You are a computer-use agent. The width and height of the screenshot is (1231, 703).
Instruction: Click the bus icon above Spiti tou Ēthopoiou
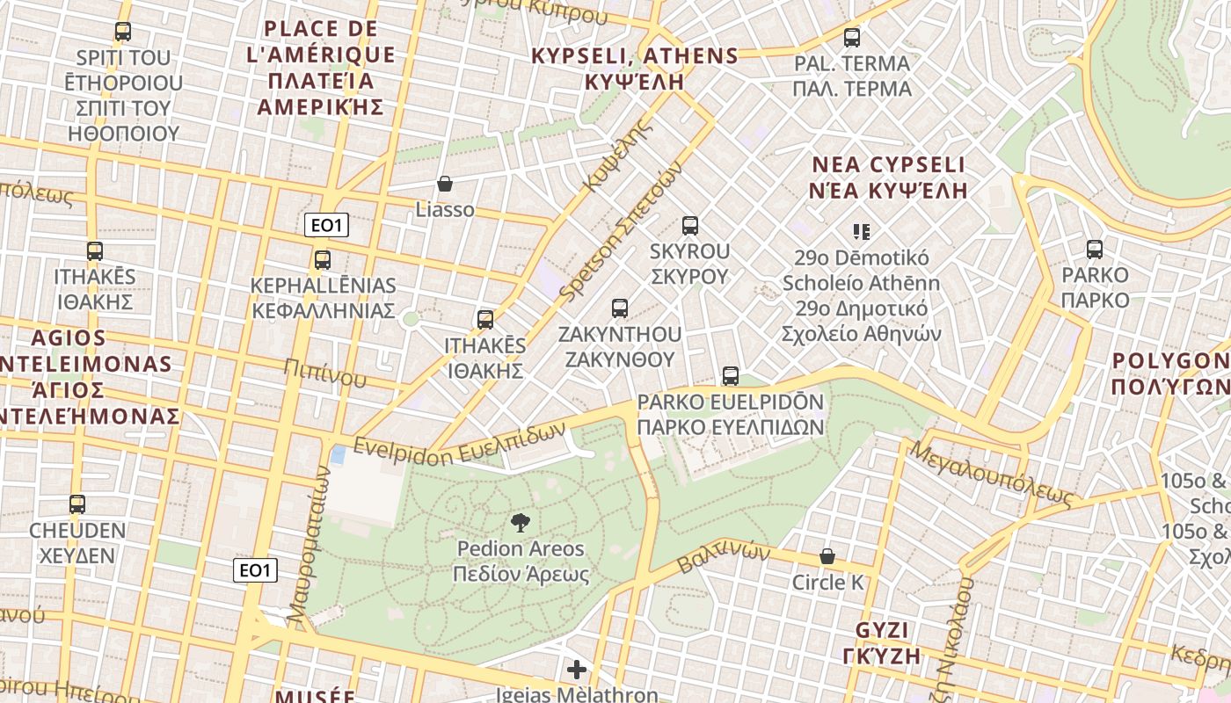[123, 33]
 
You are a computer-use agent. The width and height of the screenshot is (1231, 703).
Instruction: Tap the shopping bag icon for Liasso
[445, 184]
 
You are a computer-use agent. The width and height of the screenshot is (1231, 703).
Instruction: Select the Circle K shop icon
[827, 556]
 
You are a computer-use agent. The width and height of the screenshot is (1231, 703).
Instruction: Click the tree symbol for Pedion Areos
[520, 523]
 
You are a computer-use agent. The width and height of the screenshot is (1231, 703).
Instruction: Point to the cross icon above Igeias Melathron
[577, 670]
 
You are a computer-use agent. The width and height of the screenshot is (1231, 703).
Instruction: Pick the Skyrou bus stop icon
[690, 226]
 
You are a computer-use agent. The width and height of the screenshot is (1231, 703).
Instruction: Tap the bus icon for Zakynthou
[620, 308]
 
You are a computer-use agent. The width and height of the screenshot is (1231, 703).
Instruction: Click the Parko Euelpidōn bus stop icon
[730, 376]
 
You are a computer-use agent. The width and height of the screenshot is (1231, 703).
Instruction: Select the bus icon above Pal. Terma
[851, 38]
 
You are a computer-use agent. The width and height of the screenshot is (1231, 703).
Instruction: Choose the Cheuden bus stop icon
[77, 504]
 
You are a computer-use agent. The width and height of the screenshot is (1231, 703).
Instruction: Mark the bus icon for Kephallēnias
[323, 260]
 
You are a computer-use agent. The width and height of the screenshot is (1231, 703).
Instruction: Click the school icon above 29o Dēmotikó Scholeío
[861, 232]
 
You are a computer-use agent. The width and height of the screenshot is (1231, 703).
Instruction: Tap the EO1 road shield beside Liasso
[326, 226]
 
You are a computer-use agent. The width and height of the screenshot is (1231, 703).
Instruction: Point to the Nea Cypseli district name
[888, 178]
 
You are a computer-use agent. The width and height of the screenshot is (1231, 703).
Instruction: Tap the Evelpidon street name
[457, 444]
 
